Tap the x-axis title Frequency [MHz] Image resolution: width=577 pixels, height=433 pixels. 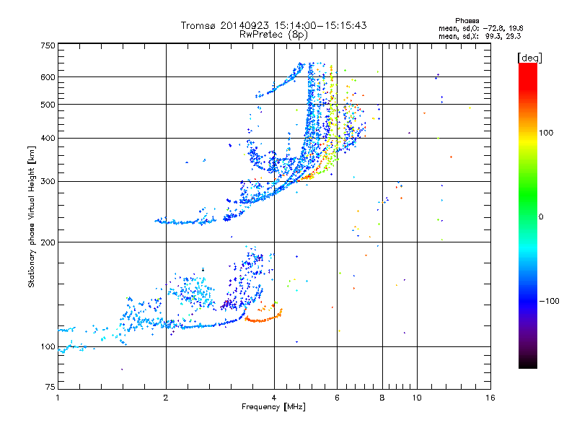click(x=273, y=408)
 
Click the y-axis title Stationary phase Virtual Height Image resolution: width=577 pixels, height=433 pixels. click(x=32, y=216)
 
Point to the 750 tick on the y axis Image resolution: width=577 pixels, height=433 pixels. click(x=48, y=45)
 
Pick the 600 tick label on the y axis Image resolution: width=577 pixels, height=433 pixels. click(x=48, y=76)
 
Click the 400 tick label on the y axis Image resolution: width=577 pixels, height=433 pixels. click(x=48, y=138)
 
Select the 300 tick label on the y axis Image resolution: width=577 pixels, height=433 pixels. click(x=48, y=181)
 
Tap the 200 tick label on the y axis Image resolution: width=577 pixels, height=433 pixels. click(x=48, y=242)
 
